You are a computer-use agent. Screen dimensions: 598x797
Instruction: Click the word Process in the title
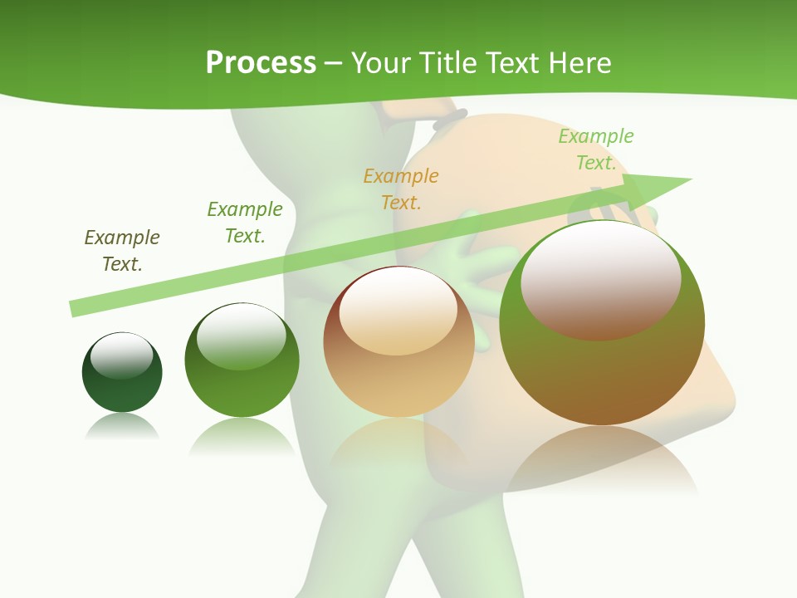point(261,63)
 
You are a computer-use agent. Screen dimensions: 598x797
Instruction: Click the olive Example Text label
point(122,250)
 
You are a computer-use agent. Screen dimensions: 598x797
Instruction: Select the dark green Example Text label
point(245,222)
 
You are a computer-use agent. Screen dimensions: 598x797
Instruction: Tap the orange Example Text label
point(401,189)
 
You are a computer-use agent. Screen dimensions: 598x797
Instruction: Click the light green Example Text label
point(596,149)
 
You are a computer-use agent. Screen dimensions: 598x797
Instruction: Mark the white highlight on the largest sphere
point(601,278)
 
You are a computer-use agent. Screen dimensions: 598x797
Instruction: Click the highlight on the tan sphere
point(398,310)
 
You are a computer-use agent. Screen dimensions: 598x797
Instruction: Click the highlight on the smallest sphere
point(122,355)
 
